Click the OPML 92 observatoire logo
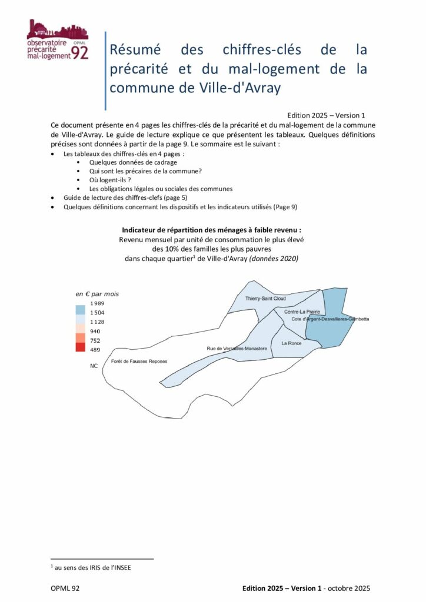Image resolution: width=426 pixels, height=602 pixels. pyautogui.click(x=58, y=40)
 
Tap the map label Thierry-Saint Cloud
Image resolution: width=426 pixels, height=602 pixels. pyautogui.click(x=265, y=299)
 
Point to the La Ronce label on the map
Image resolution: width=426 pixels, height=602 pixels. pyautogui.click(x=291, y=343)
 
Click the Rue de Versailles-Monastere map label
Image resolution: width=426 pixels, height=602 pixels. pyautogui.click(x=237, y=349)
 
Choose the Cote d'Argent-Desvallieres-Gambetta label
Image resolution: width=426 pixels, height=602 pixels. pyautogui.click(x=331, y=319)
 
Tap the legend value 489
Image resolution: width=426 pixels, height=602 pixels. pyautogui.click(x=94, y=350)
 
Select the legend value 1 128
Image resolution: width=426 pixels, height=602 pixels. pyautogui.click(x=96, y=322)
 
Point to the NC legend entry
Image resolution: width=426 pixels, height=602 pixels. pyautogui.click(x=94, y=366)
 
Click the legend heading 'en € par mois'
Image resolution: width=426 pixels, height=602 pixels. pyautogui.click(x=97, y=293)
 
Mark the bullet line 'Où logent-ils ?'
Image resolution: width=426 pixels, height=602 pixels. pyautogui.click(x=110, y=179)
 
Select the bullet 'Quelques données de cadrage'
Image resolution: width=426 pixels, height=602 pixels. pyautogui.click(x=133, y=162)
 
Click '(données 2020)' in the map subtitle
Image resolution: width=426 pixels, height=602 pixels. pyautogui.click(x=274, y=259)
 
